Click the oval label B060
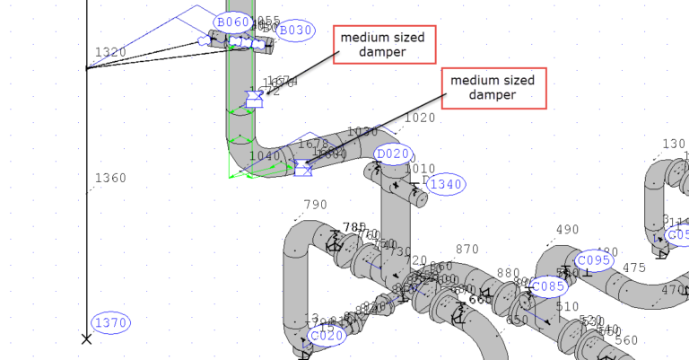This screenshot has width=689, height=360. tap(231, 22)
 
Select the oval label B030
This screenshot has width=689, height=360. tap(295, 31)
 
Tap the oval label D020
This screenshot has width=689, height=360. tap(392, 154)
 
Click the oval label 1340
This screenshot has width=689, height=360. tap(446, 185)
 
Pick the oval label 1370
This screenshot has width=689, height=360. tap(111, 323)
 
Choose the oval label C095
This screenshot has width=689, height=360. tap(593, 261)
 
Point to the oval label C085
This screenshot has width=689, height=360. tap(547, 287)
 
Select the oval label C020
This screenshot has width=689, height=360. tap(326, 337)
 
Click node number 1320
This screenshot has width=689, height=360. tap(110, 53)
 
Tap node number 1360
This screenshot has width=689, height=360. tap(110, 178)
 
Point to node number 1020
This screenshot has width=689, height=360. tap(420, 118)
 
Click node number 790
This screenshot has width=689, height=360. tap(316, 205)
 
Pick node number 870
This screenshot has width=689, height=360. tap(467, 250)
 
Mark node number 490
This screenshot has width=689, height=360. tap(567, 230)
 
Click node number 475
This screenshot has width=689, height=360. tap(634, 268)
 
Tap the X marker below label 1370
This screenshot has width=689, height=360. tap(86, 339)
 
